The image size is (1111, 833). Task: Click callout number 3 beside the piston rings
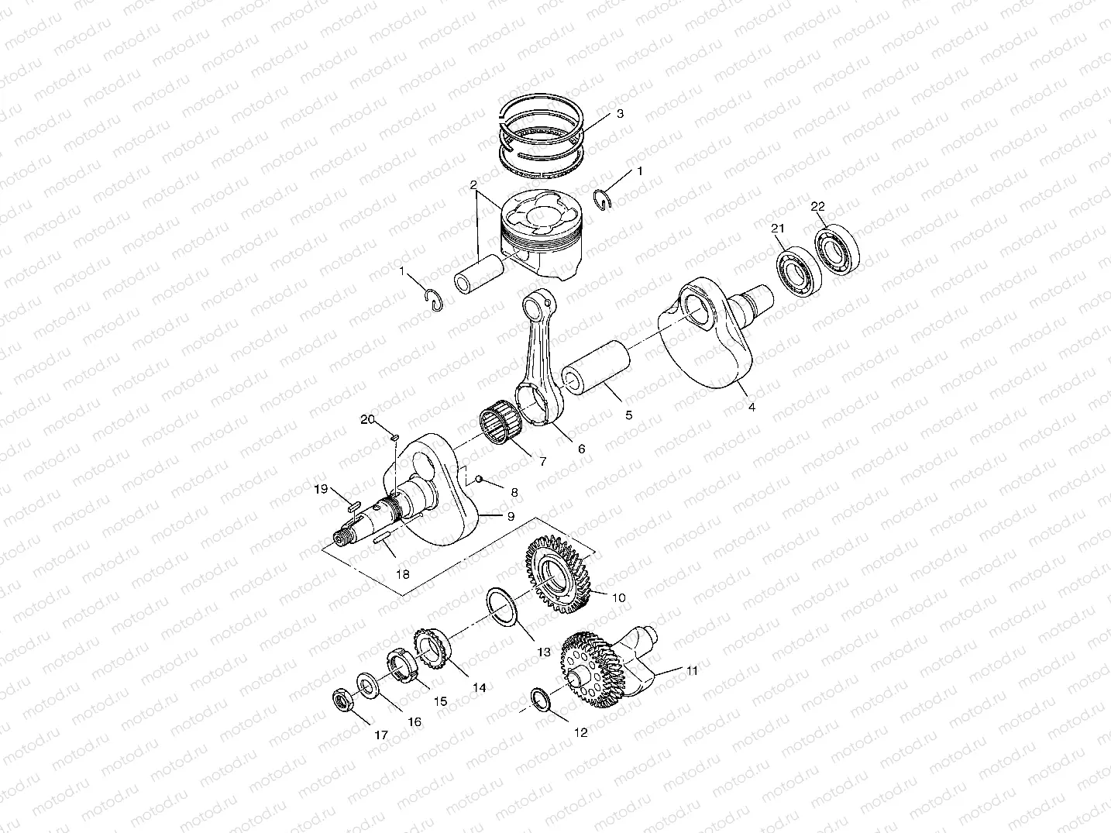coord(620,114)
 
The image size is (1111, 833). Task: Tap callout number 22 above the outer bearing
coord(818,206)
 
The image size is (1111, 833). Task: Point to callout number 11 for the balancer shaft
coord(692,670)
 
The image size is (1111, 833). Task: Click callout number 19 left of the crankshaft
coord(321,488)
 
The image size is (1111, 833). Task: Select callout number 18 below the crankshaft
coord(403,575)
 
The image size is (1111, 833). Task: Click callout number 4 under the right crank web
coord(751,407)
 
